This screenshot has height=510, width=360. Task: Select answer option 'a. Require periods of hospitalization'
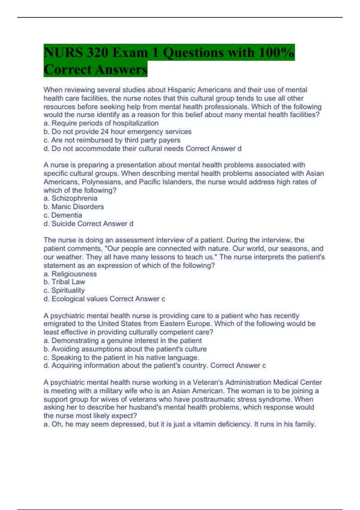click(x=101, y=123)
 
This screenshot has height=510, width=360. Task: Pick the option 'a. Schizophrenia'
click(x=70, y=198)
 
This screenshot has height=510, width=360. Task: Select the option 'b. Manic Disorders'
click(x=74, y=207)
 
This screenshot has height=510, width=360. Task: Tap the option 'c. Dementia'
click(x=63, y=215)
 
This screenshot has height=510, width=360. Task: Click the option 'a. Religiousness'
click(x=70, y=274)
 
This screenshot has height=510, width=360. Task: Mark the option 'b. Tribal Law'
click(x=64, y=282)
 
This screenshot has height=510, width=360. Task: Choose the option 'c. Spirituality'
click(x=64, y=290)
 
